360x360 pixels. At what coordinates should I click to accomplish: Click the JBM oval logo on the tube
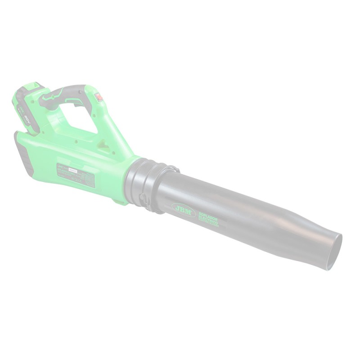point(183,209)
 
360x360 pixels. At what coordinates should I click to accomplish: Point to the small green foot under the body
point(121,201)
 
